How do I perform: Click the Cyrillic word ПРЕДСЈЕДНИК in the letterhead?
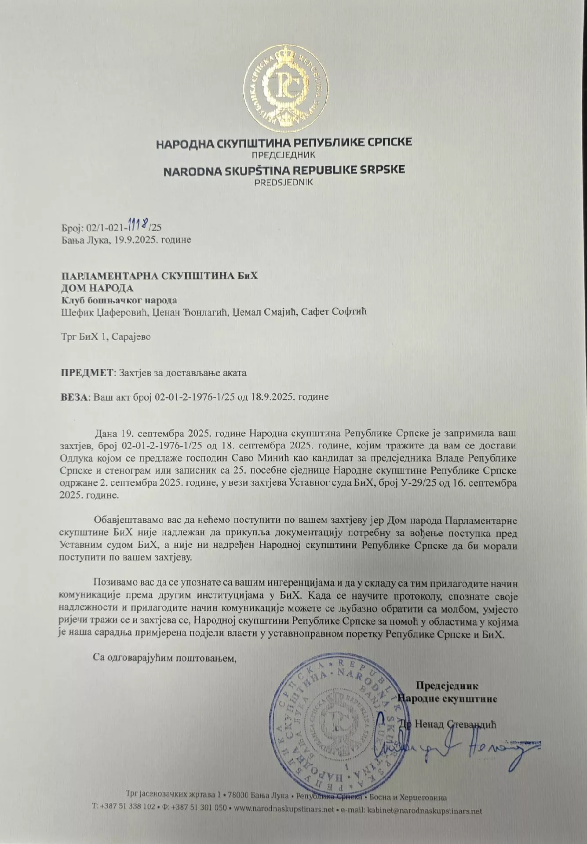coord(284,155)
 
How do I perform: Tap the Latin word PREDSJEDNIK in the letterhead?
coord(284,182)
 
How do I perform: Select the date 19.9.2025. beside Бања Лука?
coord(133,240)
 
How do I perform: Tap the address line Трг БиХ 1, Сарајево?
coord(106,337)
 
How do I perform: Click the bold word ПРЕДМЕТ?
coord(87,372)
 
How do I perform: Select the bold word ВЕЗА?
coord(74,397)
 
